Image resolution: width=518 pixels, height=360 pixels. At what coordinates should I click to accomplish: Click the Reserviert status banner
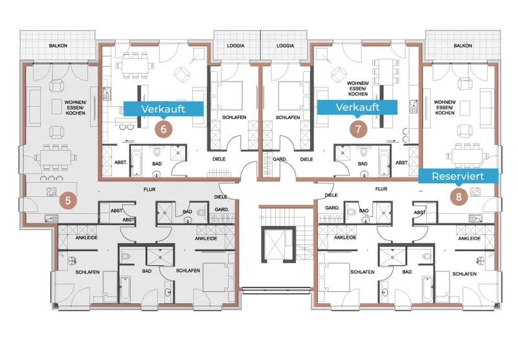458,176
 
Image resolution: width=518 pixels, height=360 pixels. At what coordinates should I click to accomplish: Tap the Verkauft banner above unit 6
163,109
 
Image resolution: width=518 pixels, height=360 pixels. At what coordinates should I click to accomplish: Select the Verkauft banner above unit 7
357,107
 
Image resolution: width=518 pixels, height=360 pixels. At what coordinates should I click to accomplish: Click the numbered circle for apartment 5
68,201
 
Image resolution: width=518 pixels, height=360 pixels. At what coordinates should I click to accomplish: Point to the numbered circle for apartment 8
458,197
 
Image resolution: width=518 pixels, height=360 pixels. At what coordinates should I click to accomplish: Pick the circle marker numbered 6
164,129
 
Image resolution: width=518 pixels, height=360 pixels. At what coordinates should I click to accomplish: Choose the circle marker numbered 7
359,129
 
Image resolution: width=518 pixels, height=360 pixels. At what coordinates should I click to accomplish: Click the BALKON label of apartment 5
58,45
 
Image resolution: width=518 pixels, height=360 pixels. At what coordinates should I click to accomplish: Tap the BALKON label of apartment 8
463,45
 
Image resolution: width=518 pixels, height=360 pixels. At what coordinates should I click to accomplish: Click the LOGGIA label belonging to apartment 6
236,45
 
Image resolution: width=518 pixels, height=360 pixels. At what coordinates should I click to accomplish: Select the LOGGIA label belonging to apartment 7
286,45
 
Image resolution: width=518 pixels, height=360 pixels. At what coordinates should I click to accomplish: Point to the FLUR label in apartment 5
150,190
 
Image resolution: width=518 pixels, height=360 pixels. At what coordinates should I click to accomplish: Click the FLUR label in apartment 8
381,189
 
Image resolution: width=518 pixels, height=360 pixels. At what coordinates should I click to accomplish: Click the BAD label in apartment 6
157,164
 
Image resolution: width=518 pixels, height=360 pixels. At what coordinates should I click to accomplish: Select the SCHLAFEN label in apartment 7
287,118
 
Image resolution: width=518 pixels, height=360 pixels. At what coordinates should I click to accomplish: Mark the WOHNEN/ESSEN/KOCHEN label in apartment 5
75,107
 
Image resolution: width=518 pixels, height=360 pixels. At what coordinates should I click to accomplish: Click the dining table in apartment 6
135,65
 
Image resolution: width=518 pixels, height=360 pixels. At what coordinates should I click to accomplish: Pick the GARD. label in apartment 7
280,159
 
